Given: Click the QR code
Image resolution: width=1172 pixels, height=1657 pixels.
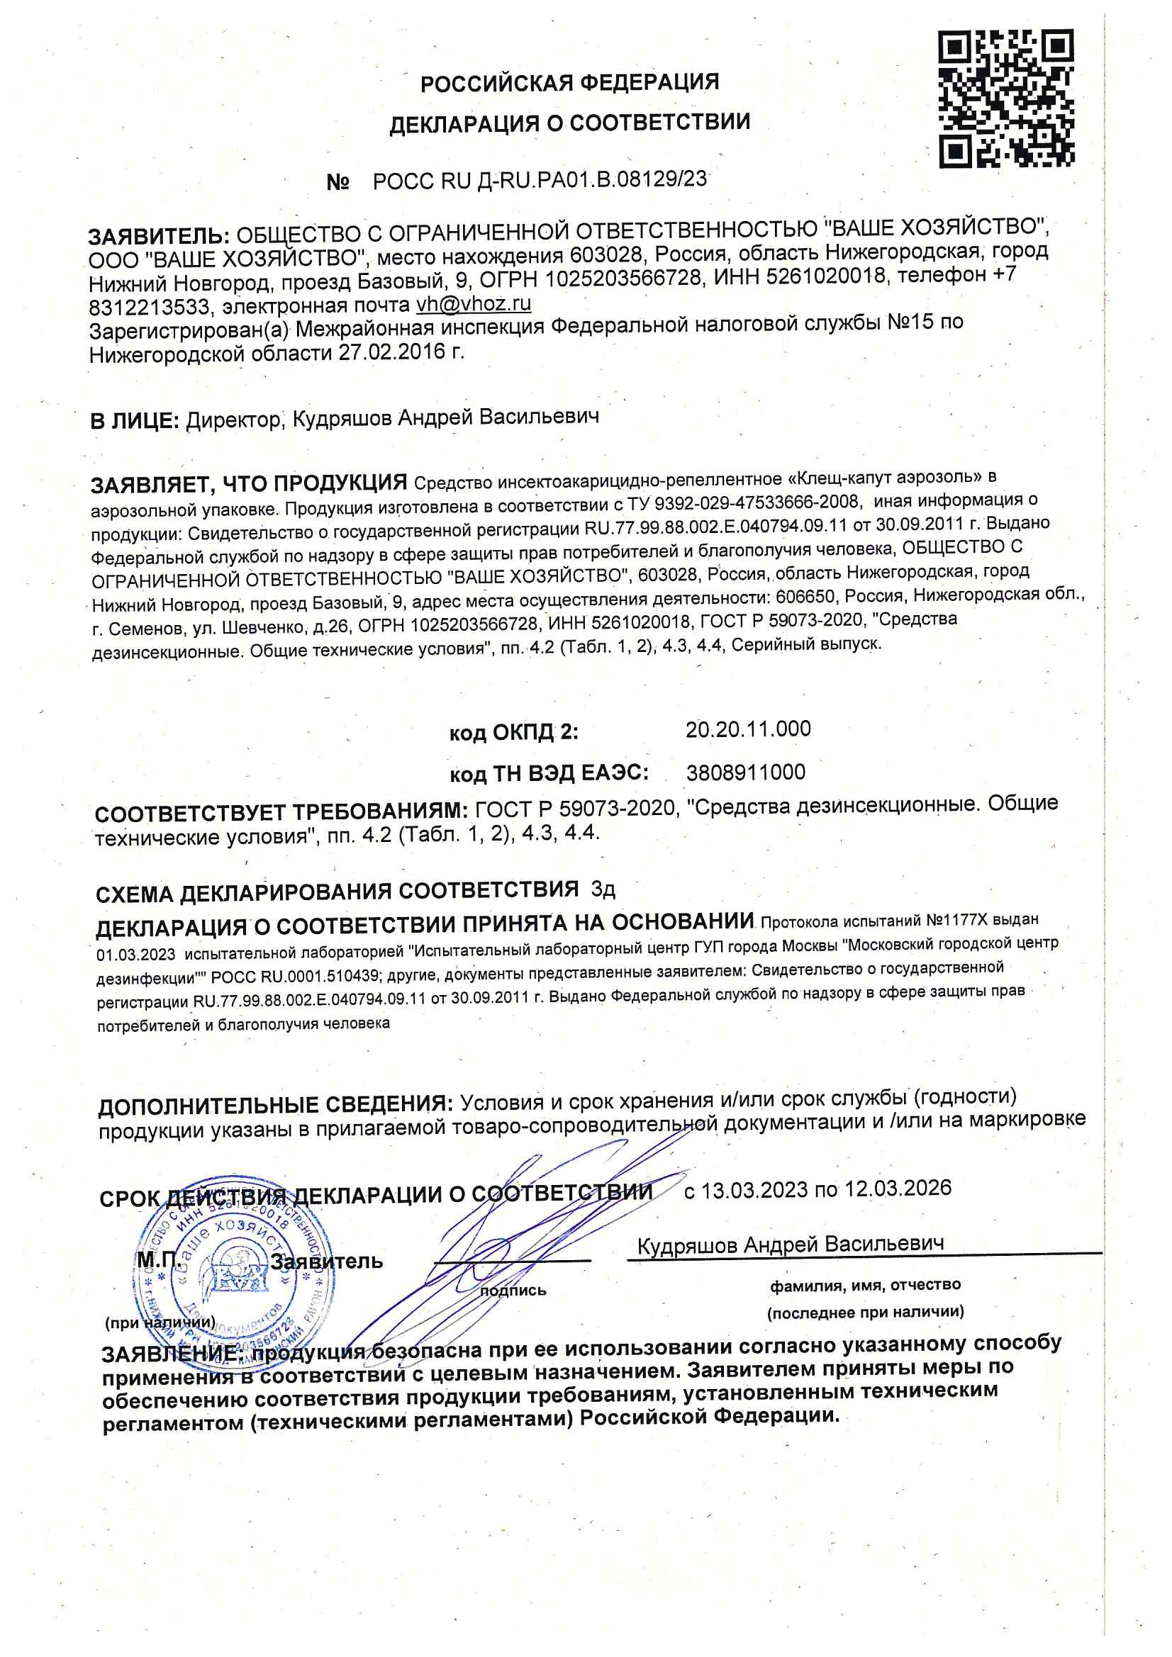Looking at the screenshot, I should pyautogui.click(x=1006, y=99).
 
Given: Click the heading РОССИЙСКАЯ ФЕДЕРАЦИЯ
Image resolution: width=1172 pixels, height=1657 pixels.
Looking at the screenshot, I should pyautogui.click(x=570, y=83).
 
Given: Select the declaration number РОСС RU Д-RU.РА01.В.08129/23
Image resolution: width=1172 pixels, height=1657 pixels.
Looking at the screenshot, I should pyautogui.click(x=540, y=181).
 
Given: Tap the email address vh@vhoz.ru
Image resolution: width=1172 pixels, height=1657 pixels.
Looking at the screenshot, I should pyautogui.click(x=474, y=304).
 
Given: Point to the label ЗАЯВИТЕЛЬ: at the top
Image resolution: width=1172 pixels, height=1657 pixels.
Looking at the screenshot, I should pyautogui.click(x=159, y=236).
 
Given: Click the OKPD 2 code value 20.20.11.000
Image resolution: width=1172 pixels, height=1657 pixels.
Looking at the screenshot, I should pyautogui.click(x=748, y=729).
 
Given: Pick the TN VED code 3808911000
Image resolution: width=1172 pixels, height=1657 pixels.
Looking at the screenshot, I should pyautogui.click(x=745, y=773).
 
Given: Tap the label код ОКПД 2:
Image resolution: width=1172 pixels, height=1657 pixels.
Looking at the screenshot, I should pyautogui.click(x=513, y=733).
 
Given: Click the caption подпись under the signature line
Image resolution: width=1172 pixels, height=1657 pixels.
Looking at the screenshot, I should pyautogui.click(x=513, y=1291).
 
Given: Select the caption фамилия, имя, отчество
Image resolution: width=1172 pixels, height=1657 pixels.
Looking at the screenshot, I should pyautogui.click(x=864, y=1285).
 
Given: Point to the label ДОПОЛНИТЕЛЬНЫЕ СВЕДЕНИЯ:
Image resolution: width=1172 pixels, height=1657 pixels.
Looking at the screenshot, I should pyautogui.click(x=275, y=1105).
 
